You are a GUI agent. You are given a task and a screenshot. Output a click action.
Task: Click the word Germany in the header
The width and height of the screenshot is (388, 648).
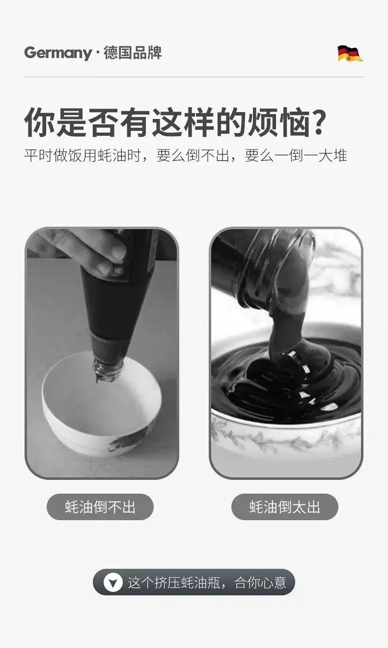pyautogui.click(x=58, y=53)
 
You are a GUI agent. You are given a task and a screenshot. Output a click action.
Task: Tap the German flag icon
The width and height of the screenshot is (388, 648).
pyautogui.click(x=350, y=54)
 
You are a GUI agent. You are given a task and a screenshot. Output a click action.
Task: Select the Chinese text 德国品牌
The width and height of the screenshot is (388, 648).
pyautogui.click(x=133, y=53)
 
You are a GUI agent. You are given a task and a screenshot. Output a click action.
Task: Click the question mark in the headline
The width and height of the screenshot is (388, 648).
pyautogui.click(x=318, y=121)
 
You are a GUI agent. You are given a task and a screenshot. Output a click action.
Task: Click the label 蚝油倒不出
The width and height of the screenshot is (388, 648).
pyautogui.click(x=100, y=507)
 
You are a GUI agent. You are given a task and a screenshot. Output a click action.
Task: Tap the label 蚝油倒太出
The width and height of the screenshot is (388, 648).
pyautogui.click(x=284, y=507)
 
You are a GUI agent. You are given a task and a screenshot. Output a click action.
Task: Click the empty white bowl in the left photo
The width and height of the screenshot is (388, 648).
pyautogui.click(x=101, y=405)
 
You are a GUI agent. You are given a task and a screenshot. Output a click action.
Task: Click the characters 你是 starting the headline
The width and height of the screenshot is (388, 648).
pyautogui.click(x=55, y=122)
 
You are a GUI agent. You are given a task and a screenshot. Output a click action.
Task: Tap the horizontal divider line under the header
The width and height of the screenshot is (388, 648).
pyautogui.click(x=194, y=77)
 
